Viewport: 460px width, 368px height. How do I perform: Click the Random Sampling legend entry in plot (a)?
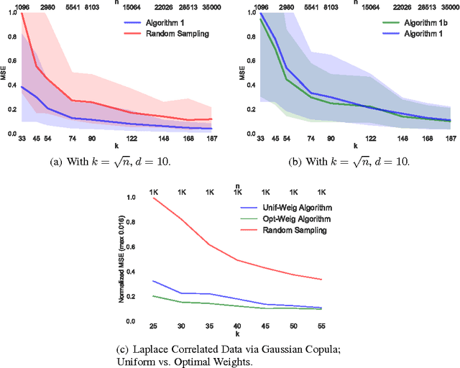(178, 33)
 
